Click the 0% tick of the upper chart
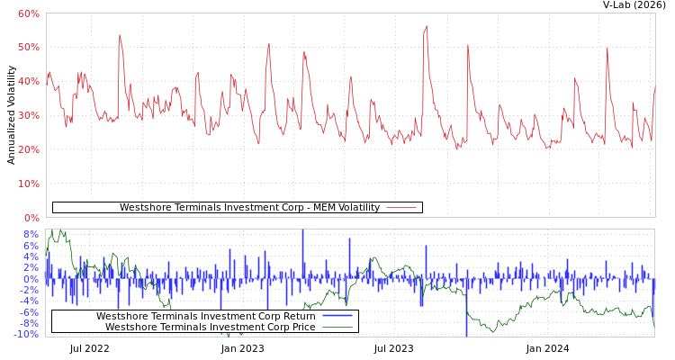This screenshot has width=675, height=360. click(x=31, y=218)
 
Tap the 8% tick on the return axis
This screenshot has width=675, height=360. click(x=31, y=234)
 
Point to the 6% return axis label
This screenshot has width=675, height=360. click(x=31, y=246)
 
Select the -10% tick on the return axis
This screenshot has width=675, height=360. click(x=28, y=334)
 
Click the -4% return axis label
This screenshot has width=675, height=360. click(x=30, y=301)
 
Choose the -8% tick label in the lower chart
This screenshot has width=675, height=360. click(x=30, y=323)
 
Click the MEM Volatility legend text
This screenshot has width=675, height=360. click(x=249, y=208)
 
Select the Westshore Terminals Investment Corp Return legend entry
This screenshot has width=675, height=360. click(x=205, y=316)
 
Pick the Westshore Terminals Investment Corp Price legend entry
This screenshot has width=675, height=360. click(x=210, y=327)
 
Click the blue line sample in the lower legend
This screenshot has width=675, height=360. click(x=337, y=316)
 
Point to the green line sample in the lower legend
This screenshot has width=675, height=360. click(x=337, y=327)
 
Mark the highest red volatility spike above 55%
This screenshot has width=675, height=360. click(x=427, y=26)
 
